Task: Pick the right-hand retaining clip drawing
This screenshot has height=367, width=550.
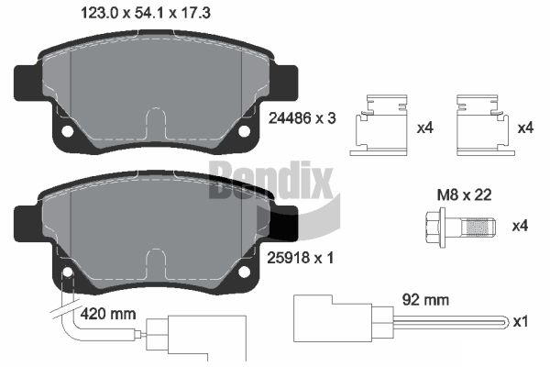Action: point(482,123)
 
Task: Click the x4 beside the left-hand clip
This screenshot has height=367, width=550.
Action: point(424,128)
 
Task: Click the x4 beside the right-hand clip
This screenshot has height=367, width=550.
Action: point(525,128)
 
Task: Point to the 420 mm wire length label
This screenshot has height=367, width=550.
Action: point(109,314)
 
